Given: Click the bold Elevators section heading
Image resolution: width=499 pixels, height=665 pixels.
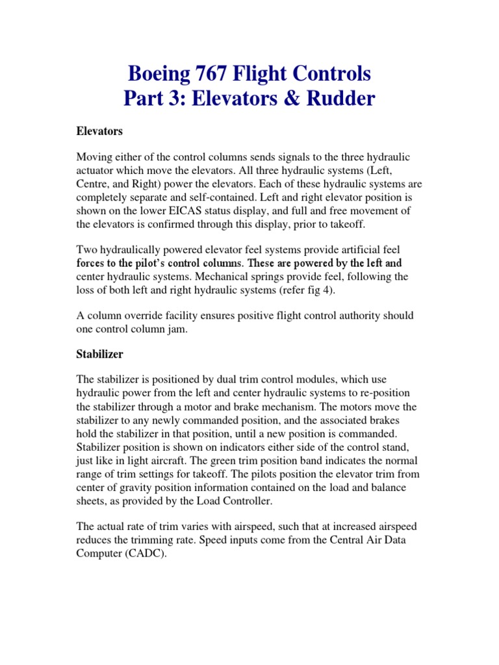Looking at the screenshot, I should click(99, 131).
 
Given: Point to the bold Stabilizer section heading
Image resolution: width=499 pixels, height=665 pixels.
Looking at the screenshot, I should click(99, 355).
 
